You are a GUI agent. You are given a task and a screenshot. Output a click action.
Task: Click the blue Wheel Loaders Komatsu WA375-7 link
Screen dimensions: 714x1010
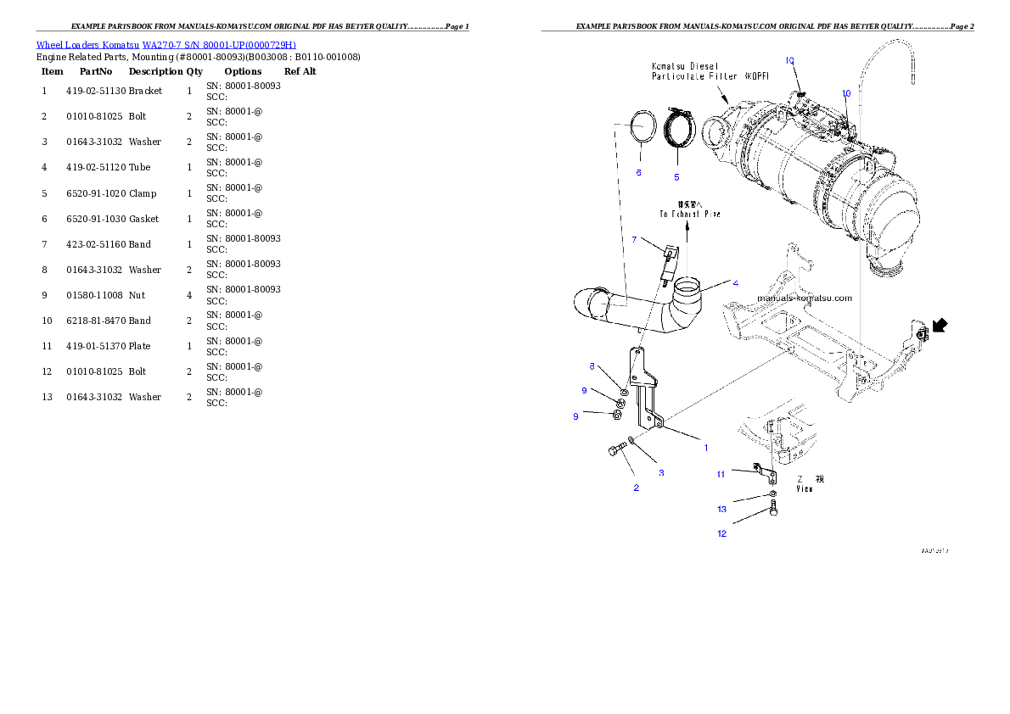166,45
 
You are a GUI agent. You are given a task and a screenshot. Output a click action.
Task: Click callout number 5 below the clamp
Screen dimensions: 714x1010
676,177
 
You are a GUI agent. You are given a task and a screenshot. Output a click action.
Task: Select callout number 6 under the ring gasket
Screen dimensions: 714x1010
638,172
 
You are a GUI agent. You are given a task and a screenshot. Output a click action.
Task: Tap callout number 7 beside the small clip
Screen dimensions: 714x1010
634,240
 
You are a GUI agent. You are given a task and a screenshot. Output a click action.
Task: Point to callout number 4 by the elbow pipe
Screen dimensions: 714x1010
735,282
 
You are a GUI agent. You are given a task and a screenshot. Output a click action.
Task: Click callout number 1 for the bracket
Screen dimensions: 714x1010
705,447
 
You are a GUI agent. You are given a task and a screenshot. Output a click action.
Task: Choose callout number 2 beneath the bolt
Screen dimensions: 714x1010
636,488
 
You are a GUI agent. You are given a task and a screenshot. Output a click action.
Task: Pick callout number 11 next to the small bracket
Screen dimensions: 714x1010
720,474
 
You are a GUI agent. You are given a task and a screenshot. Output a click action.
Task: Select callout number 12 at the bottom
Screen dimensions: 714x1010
721,533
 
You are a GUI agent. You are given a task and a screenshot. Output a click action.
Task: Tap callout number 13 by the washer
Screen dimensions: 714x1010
721,510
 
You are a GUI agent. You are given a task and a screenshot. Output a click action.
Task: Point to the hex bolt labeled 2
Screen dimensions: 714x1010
614,452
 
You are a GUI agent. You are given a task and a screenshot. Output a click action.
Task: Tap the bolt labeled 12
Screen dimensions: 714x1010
774,510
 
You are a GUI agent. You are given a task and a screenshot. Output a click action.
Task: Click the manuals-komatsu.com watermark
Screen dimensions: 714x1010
804,298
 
